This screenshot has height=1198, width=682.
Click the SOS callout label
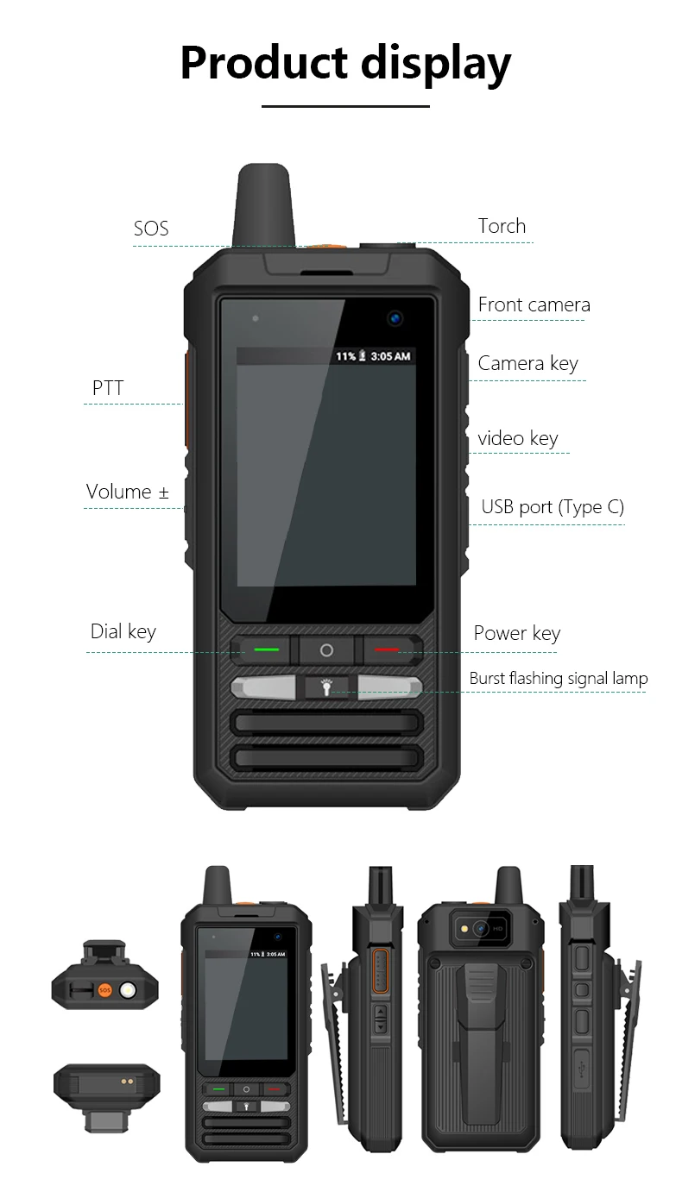[x=151, y=229]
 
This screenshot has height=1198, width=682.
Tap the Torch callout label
[x=502, y=226]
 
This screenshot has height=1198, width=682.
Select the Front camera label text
[x=534, y=304]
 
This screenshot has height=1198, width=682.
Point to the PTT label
[x=108, y=388]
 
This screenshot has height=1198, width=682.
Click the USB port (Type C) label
[x=553, y=507]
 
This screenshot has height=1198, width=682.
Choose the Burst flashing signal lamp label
[x=558, y=679]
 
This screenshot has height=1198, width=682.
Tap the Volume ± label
[x=128, y=492]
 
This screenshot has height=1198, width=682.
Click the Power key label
[x=516, y=633]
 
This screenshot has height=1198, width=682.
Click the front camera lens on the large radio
[x=395, y=317]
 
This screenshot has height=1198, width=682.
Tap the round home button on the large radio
[x=326, y=649]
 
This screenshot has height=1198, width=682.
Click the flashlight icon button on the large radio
[x=326, y=687]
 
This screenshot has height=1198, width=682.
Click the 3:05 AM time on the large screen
[x=390, y=356]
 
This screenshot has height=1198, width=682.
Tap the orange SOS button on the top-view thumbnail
[x=104, y=991]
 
